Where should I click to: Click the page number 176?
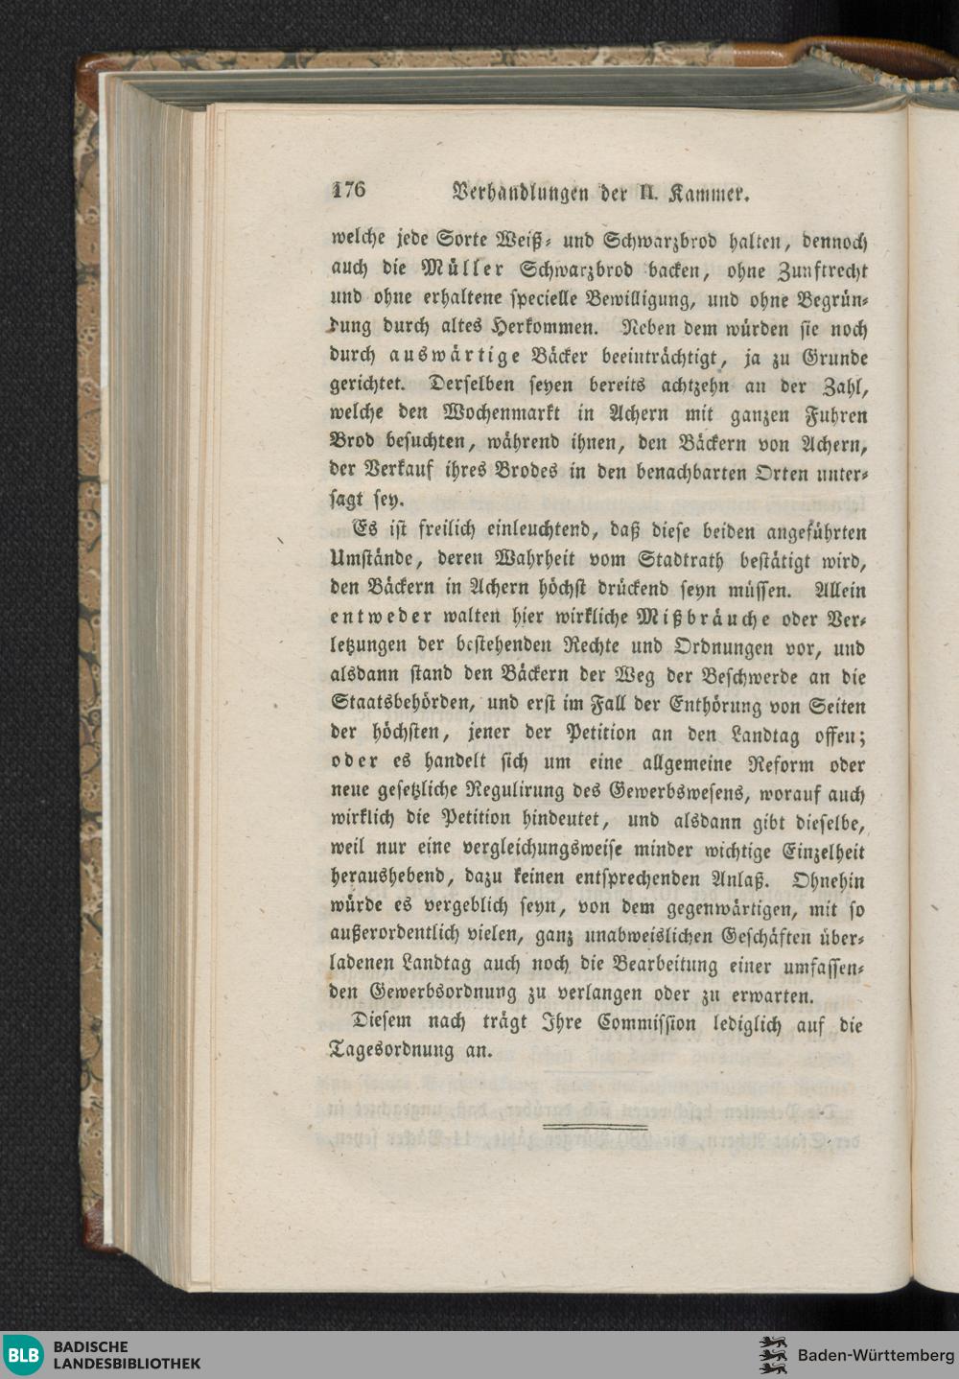pyautogui.click(x=348, y=189)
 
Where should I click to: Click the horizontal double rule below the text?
pyautogui.click(x=595, y=1127)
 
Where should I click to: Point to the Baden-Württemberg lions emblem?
pyautogui.click(x=772, y=1355)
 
